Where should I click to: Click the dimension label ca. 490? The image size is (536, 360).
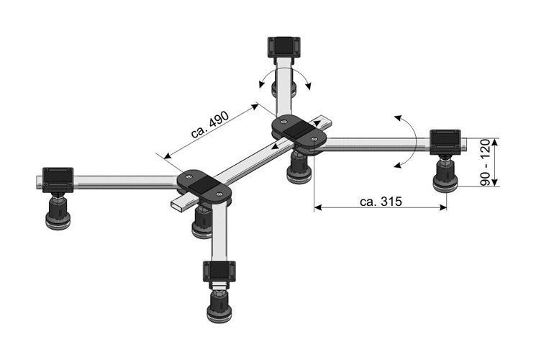pos(210,125)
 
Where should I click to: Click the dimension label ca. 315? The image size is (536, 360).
pos(381,202)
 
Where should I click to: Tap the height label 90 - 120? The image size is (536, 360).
pos(485,162)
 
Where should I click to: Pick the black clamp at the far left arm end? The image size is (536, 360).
pos(58,180)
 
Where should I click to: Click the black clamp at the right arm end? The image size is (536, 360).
pos(445,142)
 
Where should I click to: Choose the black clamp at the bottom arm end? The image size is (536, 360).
pos(219,271)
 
